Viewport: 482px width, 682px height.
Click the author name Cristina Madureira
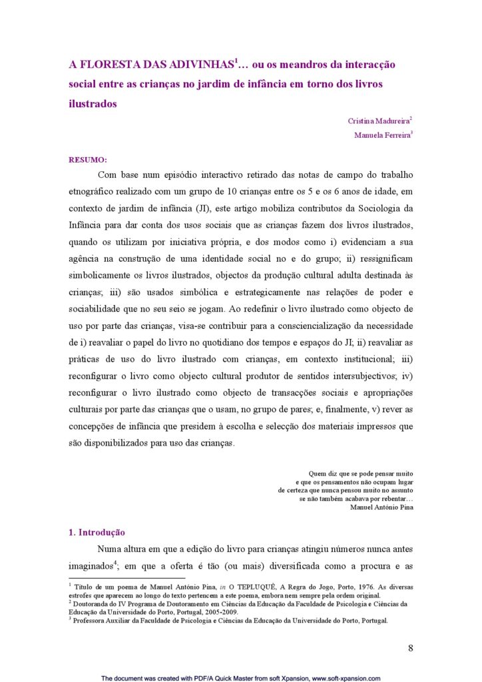(x=378, y=121)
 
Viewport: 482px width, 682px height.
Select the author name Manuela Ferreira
(x=382, y=135)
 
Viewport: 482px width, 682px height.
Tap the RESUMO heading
(x=88, y=160)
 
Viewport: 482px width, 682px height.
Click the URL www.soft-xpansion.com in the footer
(x=346, y=678)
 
